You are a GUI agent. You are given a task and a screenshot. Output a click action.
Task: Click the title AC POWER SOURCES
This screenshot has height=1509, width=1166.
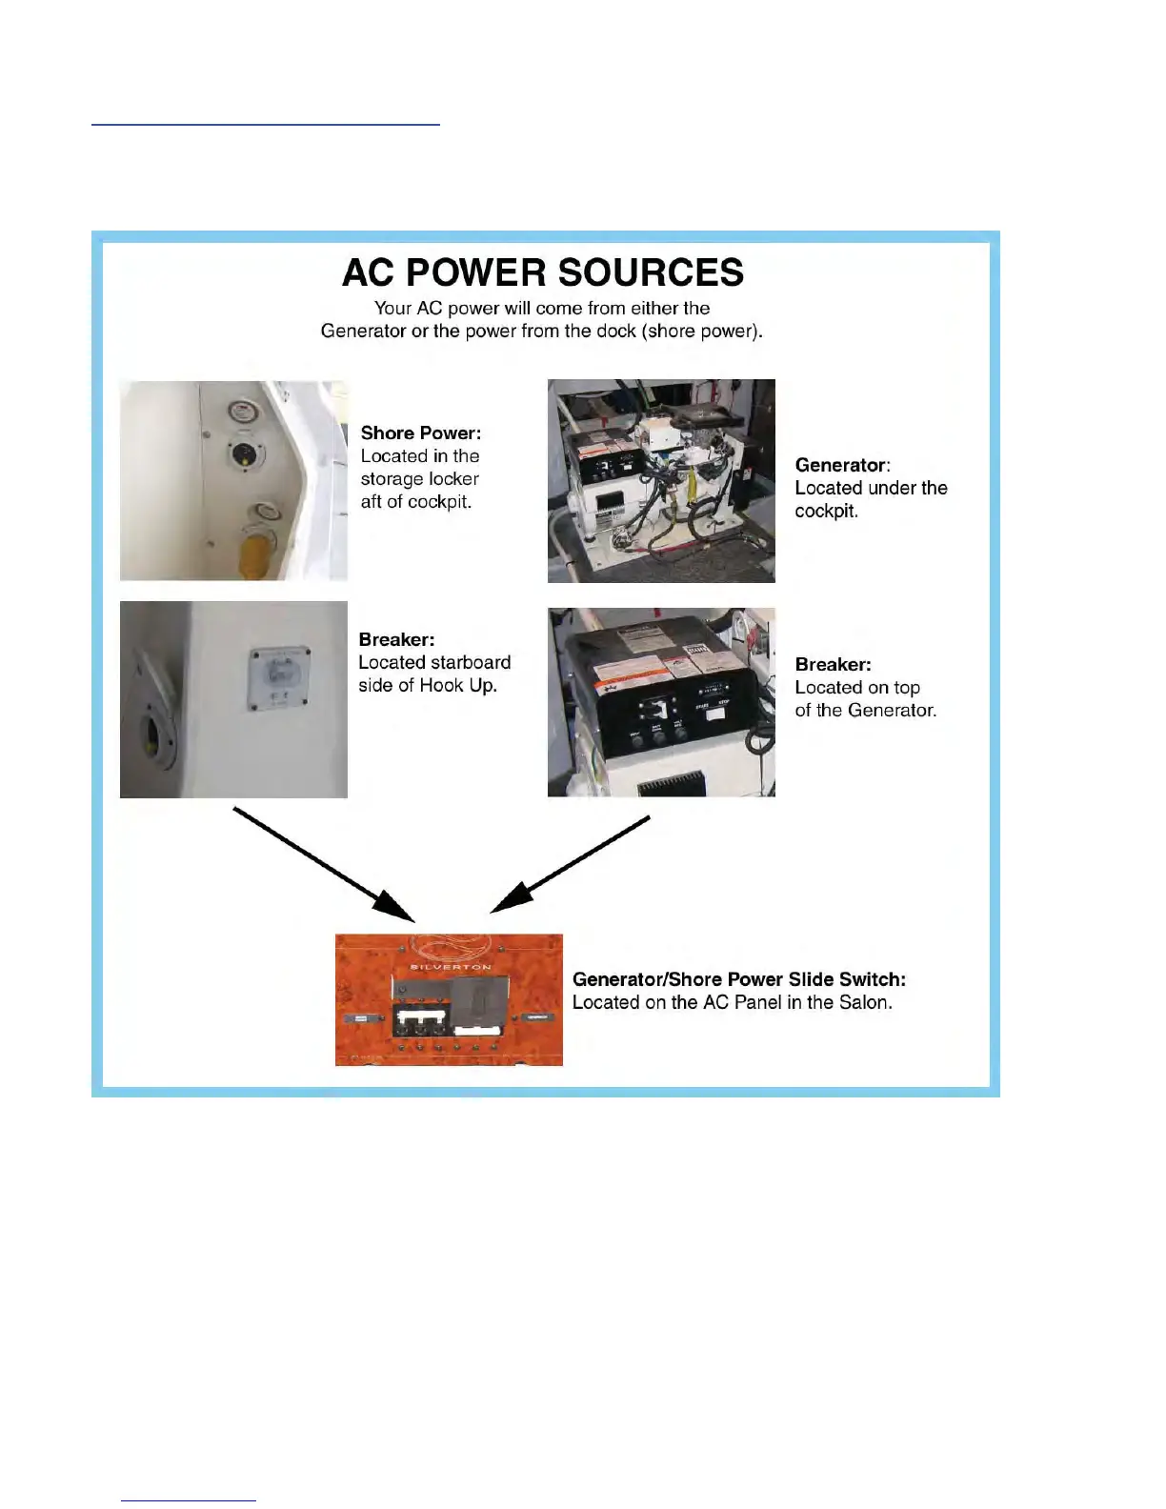542,272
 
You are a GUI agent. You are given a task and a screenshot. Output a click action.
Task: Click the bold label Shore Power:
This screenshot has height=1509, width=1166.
420,433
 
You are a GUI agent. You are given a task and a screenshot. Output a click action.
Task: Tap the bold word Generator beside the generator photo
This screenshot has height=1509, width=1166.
840,465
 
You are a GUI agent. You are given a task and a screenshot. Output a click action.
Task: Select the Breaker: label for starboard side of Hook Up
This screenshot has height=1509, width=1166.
396,639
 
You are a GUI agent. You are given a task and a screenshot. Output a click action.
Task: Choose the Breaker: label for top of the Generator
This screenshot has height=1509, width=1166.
833,664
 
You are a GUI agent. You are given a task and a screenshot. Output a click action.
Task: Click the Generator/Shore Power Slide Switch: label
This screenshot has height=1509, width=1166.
738,979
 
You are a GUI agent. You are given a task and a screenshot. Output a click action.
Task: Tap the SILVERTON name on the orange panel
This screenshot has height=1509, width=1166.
451,966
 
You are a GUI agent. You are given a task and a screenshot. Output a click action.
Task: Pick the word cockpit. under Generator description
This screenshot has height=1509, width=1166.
826,511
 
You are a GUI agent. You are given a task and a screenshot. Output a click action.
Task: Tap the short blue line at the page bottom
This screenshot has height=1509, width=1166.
188,1500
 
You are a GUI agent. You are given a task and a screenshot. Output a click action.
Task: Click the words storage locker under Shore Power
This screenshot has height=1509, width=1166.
419,479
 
